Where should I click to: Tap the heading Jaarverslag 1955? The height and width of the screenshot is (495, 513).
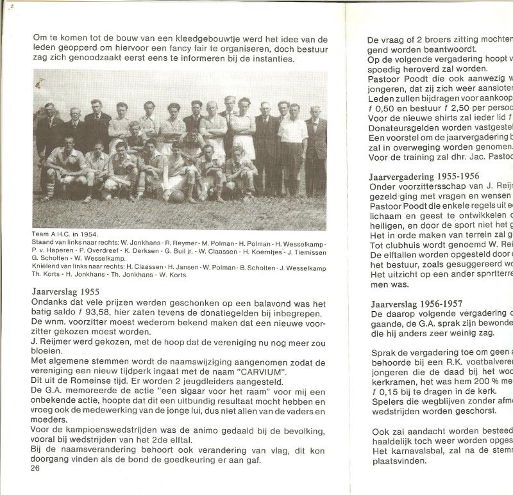click(x=64, y=290)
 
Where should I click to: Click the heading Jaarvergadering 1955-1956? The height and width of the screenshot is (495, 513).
click(x=423, y=176)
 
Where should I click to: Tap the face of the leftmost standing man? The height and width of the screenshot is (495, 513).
click(x=49, y=108)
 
